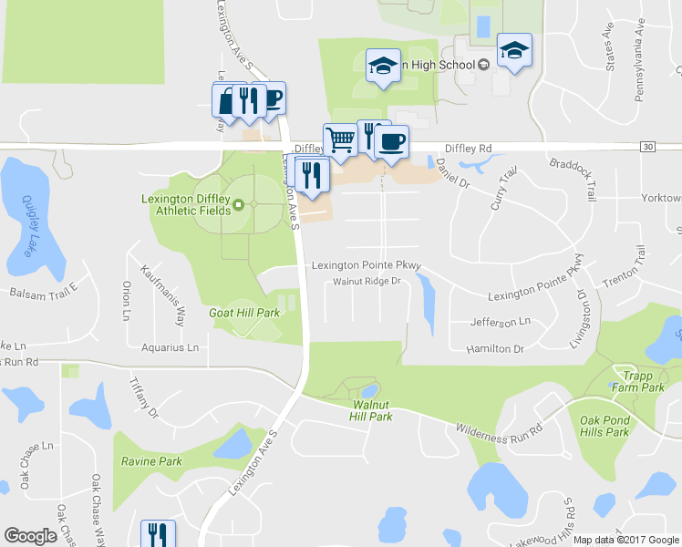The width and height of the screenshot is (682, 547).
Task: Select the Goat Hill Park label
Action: click(245, 312)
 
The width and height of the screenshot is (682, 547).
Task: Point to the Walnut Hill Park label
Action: click(370, 410)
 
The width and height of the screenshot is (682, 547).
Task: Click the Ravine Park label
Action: click(151, 461)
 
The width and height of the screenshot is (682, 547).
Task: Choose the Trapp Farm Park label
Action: click(638, 381)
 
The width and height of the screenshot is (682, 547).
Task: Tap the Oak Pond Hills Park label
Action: click(604, 427)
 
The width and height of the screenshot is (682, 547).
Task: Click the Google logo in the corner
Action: click(31, 536)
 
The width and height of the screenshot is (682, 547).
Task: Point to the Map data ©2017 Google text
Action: click(626, 540)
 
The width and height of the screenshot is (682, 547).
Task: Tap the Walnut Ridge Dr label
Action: click(367, 281)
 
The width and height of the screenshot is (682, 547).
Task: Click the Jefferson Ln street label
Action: click(500, 322)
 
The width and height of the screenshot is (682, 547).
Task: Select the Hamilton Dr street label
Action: click(495, 349)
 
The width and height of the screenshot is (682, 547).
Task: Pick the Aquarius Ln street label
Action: click(170, 347)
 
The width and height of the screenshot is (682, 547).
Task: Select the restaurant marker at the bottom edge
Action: click(158, 534)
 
